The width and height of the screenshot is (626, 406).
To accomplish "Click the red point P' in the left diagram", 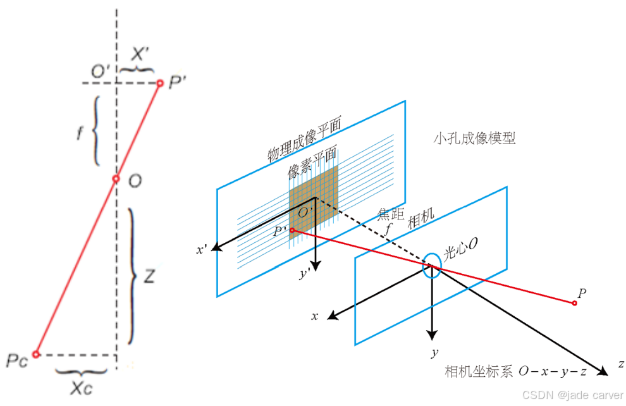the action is pos(160,83).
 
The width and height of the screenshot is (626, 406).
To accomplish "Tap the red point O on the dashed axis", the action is pos(116,179).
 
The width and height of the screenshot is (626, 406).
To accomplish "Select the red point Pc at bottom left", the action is pos(36,355).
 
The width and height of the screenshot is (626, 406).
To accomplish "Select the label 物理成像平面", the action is pos(304,140).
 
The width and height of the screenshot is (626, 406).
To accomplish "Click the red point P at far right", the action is pos(574,304).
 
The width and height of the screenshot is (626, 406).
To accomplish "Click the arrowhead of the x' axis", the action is pos(216,247).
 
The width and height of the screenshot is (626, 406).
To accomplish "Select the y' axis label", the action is pos(305,274).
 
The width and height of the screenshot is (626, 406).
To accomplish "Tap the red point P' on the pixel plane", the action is pos(292,230).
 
